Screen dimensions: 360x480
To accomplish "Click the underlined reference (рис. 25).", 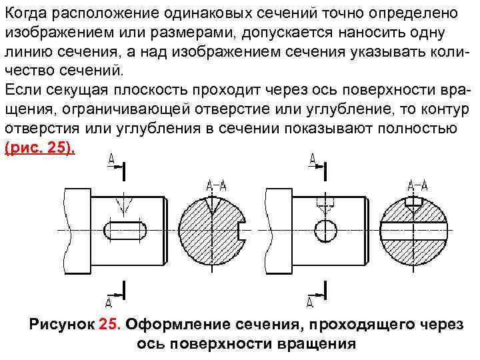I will [41, 148].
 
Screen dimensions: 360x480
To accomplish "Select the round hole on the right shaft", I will [327, 231].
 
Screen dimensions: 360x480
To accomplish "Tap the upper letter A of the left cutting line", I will [110, 158].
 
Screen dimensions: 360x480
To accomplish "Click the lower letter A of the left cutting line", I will [110, 302].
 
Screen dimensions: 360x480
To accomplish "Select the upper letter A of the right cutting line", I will [312, 158].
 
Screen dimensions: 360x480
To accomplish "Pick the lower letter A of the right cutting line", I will [311, 302].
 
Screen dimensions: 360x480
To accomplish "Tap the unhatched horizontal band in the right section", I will [415, 231].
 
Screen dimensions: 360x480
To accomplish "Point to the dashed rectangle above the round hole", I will [327, 201].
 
